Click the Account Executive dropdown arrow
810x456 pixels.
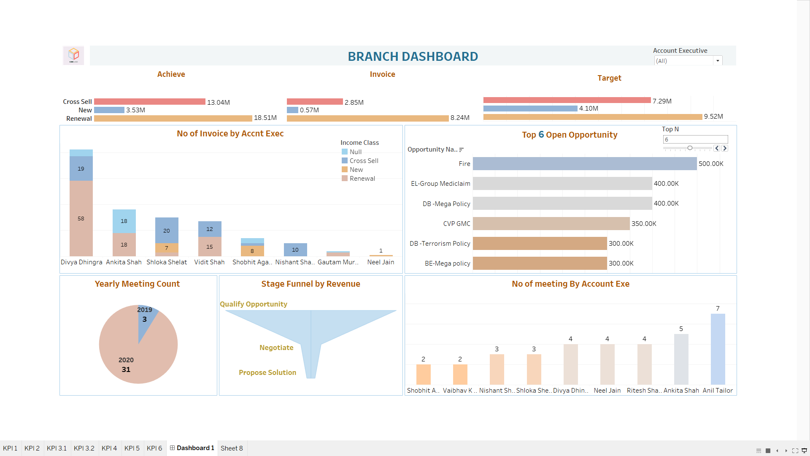point(717,61)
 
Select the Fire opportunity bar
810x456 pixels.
point(584,164)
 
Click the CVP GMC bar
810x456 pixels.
point(551,224)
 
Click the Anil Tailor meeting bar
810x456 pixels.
point(718,349)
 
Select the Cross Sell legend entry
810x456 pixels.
point(364,161)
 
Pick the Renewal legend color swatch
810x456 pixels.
point(345,179)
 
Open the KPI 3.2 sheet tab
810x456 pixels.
point(84,448)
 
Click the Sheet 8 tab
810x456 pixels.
point(232,448)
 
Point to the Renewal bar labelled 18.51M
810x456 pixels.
point(173,118)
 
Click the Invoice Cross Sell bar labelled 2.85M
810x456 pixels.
point(315,102)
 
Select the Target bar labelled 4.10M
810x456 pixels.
point(530,109)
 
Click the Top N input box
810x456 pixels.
point(695,139)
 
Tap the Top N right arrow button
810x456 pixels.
point(725,148)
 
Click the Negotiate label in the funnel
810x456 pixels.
point(276,347)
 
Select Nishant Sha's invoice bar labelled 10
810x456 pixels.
point(295,250)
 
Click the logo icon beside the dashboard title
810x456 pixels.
point(73,55)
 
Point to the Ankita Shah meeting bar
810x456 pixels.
point(681,359)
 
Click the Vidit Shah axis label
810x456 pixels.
point(209,262)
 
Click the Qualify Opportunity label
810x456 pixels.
point(253,304)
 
